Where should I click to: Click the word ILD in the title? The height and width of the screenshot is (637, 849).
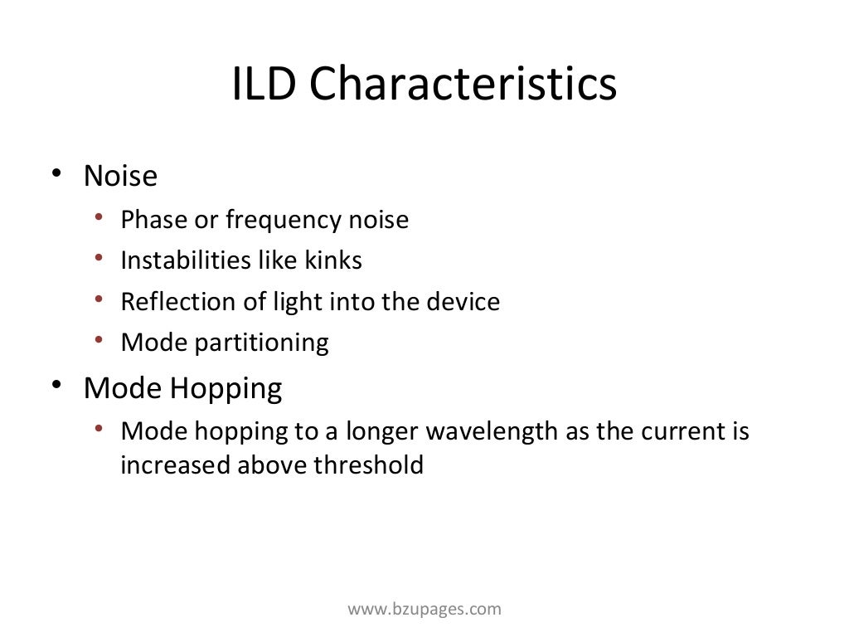264,85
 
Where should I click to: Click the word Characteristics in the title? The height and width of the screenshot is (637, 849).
463,85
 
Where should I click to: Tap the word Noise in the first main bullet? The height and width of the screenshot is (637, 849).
120,176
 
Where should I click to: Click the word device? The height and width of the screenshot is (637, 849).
463,301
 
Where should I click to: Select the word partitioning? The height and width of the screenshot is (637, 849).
261,343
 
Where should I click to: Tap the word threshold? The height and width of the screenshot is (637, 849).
369,465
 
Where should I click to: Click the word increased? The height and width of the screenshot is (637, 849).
176,465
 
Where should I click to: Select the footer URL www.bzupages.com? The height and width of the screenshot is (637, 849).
424,610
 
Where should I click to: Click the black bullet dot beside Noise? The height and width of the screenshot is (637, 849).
56,175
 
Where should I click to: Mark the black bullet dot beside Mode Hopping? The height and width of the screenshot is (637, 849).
56,387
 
